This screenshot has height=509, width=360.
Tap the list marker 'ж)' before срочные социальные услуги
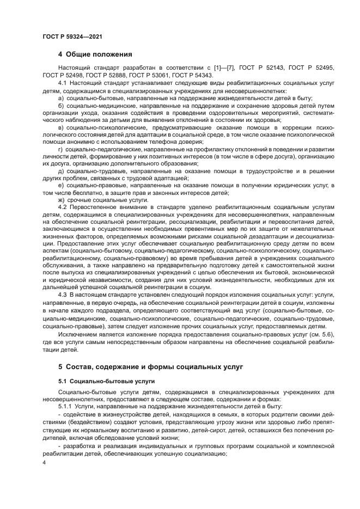click(x=62, y=200)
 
